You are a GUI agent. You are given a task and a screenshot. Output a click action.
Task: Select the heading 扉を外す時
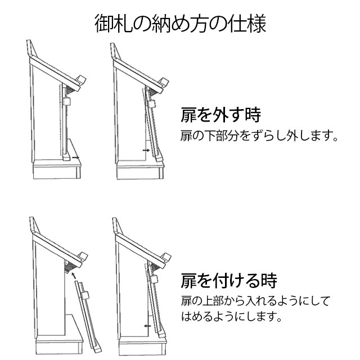[220, 115]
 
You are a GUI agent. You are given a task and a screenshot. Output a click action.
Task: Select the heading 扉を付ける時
[228, 280]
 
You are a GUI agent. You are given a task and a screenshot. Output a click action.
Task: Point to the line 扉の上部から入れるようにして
[255, 300]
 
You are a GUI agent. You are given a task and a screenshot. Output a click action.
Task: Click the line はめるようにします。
[231, 316]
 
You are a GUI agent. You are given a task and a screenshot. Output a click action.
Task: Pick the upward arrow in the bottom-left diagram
[71, 275]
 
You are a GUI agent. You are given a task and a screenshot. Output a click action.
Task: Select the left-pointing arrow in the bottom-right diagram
[148, 325]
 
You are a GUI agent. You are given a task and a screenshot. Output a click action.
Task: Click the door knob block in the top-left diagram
[66, 101]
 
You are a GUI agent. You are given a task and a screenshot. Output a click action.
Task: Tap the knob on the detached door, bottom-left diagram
[85, 293]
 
